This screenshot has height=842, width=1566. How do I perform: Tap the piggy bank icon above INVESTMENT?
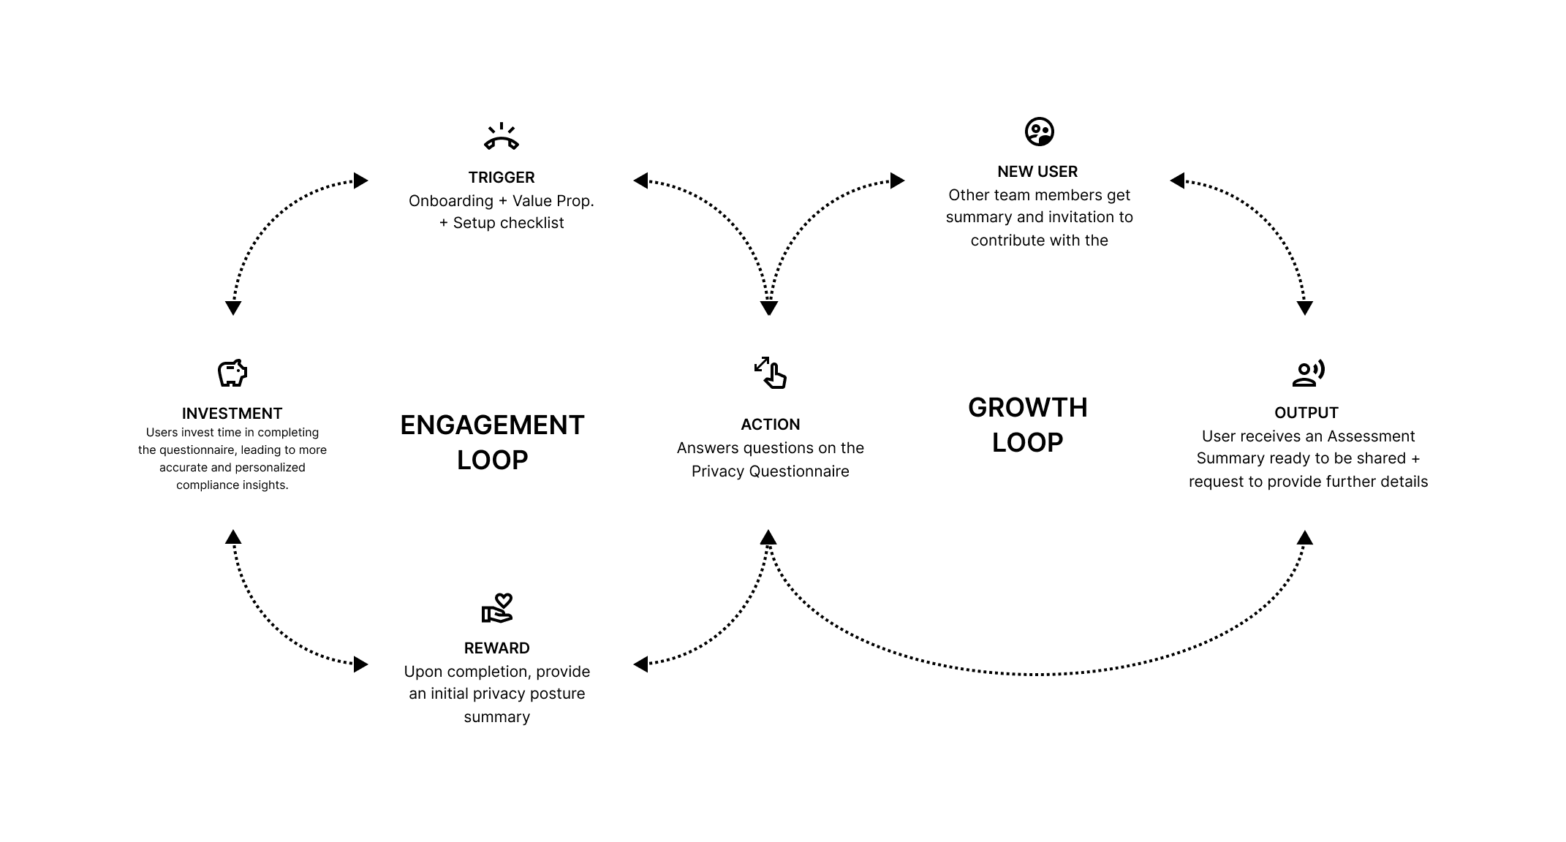pos(232,373)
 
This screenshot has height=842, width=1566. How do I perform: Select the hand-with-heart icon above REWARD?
pos(497,608)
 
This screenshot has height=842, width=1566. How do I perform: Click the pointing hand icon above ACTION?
pos(771,372)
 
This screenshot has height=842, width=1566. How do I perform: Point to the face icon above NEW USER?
pos(1039,132)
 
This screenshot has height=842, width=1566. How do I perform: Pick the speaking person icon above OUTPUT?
pos(1308,373)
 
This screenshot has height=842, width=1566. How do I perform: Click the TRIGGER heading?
pos(502,178)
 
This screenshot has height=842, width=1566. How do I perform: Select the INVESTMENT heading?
pos(232,414)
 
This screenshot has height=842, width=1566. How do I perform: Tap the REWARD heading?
pos(497,648)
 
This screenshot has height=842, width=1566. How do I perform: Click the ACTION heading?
pos(771,425)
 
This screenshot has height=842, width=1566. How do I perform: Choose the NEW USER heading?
pos(1037,172)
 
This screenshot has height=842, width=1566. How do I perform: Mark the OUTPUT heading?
pos(1306,413)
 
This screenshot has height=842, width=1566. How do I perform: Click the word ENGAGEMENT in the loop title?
pos(492,425)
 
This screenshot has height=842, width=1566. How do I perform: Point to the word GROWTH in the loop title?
pos(1028,408)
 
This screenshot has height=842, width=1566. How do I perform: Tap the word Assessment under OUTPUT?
pos(1371,436)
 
